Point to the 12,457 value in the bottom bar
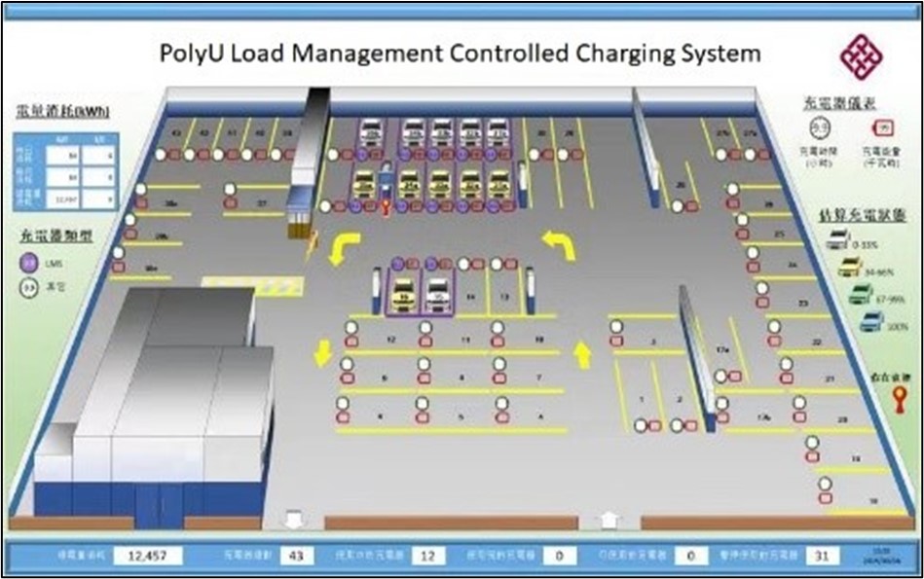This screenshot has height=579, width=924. pyautogui.click(x=141, y=555)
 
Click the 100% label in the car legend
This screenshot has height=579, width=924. pyautogui.click(x=898, y=327)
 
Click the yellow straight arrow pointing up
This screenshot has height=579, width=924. pyautogui.click(x=582, y=355)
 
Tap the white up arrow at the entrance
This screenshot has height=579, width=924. pyautogui.click(x=609, y=521)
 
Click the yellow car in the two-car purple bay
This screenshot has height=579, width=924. pyautogui.click(x=398, y=295)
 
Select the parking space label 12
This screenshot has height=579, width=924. pyautogui.click(x=389, y=340)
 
